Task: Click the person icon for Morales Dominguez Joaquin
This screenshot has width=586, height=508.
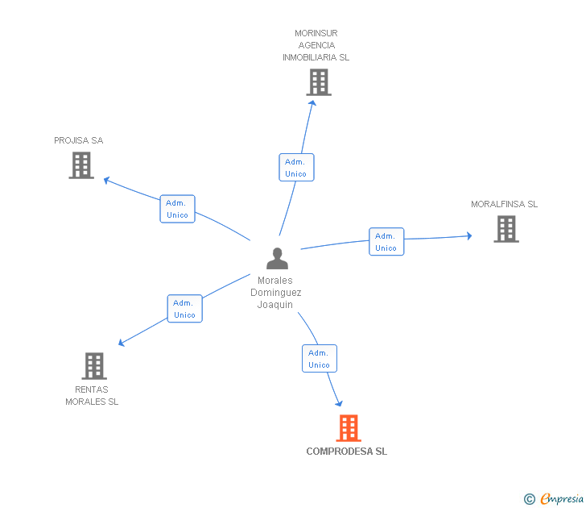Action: click(277, 258)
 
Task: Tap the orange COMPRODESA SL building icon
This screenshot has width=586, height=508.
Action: click(349, 428)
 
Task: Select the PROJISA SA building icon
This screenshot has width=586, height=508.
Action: click(81, 165)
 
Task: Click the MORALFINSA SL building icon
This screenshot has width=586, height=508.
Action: click(506, 229)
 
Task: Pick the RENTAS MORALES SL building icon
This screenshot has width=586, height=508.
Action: click(94, 366)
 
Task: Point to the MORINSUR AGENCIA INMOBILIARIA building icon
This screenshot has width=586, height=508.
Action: click(319, 82)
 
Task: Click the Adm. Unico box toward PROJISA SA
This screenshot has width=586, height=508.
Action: click(178, 209)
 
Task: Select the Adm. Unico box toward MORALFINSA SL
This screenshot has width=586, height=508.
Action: click(386, 241)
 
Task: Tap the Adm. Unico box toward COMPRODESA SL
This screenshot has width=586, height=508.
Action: click(320, 358)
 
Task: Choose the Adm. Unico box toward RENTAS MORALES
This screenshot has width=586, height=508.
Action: click(184, 309)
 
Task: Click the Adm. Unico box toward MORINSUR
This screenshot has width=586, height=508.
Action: click(296, 168)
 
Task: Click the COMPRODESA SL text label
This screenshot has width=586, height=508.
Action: click(346, 452)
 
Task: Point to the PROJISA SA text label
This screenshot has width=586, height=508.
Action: click(79, 140)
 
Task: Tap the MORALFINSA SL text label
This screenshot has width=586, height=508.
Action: click(504, 204)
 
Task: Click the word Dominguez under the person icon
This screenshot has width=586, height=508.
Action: click(276, 293)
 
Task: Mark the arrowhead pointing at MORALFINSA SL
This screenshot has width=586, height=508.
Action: click(469, 235)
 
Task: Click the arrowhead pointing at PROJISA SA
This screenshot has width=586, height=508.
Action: click(106, 181)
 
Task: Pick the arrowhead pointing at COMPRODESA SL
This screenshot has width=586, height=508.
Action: click(339, 403)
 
